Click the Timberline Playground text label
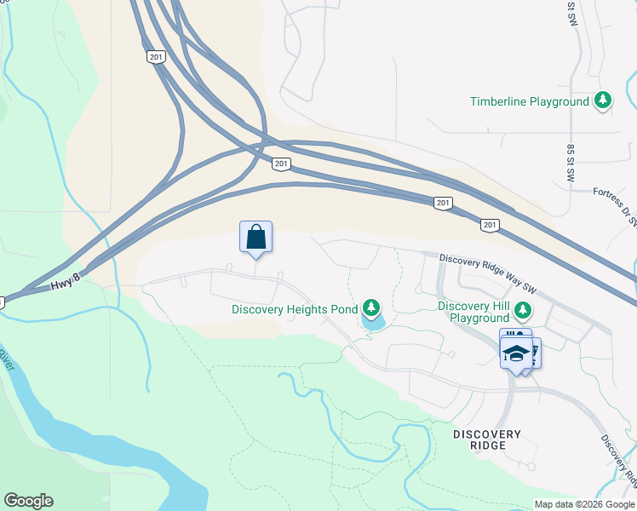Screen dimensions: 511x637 click(530, 101)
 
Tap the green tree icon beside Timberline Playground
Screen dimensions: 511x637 click(603, 100)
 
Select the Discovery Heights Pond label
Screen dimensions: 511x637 click(295, 309)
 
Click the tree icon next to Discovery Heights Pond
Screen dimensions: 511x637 click(370, 307)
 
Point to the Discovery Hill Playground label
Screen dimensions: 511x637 click(473, 312)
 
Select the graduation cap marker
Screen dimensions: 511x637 click(516, 353)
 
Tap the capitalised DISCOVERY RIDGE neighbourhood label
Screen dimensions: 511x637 click(487, 439)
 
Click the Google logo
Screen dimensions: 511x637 click(28, 501)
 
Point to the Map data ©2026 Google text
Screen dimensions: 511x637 click(583, 504)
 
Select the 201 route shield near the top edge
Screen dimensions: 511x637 click(154, 56)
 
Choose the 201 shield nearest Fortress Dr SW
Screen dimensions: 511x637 click(489, 225)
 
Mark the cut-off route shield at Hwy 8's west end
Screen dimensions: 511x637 click(2, 301)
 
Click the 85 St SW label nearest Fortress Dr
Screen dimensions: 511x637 click(571, 163)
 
